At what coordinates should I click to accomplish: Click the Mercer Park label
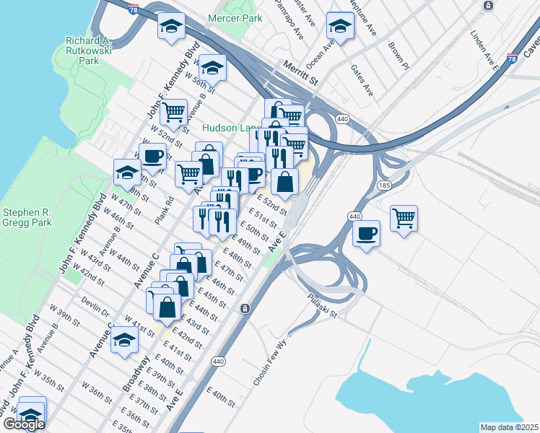click(x=235, y=17)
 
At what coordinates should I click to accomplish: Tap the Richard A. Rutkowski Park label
click(x=92, y=51)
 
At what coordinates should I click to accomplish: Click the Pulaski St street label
click(x=322, y=305)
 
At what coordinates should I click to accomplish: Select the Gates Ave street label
click(x=361, y=80)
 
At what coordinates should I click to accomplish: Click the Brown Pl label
click(x=398, y=56)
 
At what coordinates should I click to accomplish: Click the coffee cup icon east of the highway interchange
click(x=367, y=233)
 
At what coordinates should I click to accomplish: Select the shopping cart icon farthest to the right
click(x=404, y=218)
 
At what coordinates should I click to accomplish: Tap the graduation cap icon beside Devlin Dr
click(x=124, y=339)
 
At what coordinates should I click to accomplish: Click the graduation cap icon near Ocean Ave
click(x=339, y=26)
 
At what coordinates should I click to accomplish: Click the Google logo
click(x=24, y=424)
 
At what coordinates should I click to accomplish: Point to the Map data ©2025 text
click(x=509, y=427)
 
